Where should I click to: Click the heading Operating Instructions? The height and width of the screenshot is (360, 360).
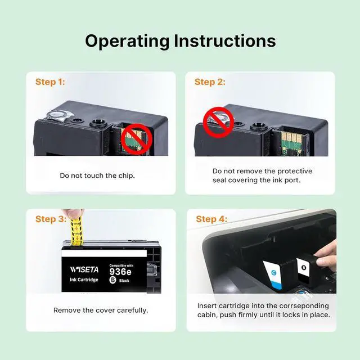[x=180, y=41]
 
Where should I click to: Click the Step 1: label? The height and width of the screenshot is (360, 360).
[x=50, y=82]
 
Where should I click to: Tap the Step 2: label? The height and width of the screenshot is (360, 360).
[x=210, y=82]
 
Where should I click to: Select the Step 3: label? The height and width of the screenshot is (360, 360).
[x=51, y=219]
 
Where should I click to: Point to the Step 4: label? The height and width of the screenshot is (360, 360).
[x=211, y=219]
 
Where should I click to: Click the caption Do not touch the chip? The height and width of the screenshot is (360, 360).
[x=97, y=175]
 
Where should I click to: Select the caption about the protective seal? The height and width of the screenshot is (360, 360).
[x=262, y=175]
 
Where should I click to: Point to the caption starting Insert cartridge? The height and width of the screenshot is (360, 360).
[x=263, y=310]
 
